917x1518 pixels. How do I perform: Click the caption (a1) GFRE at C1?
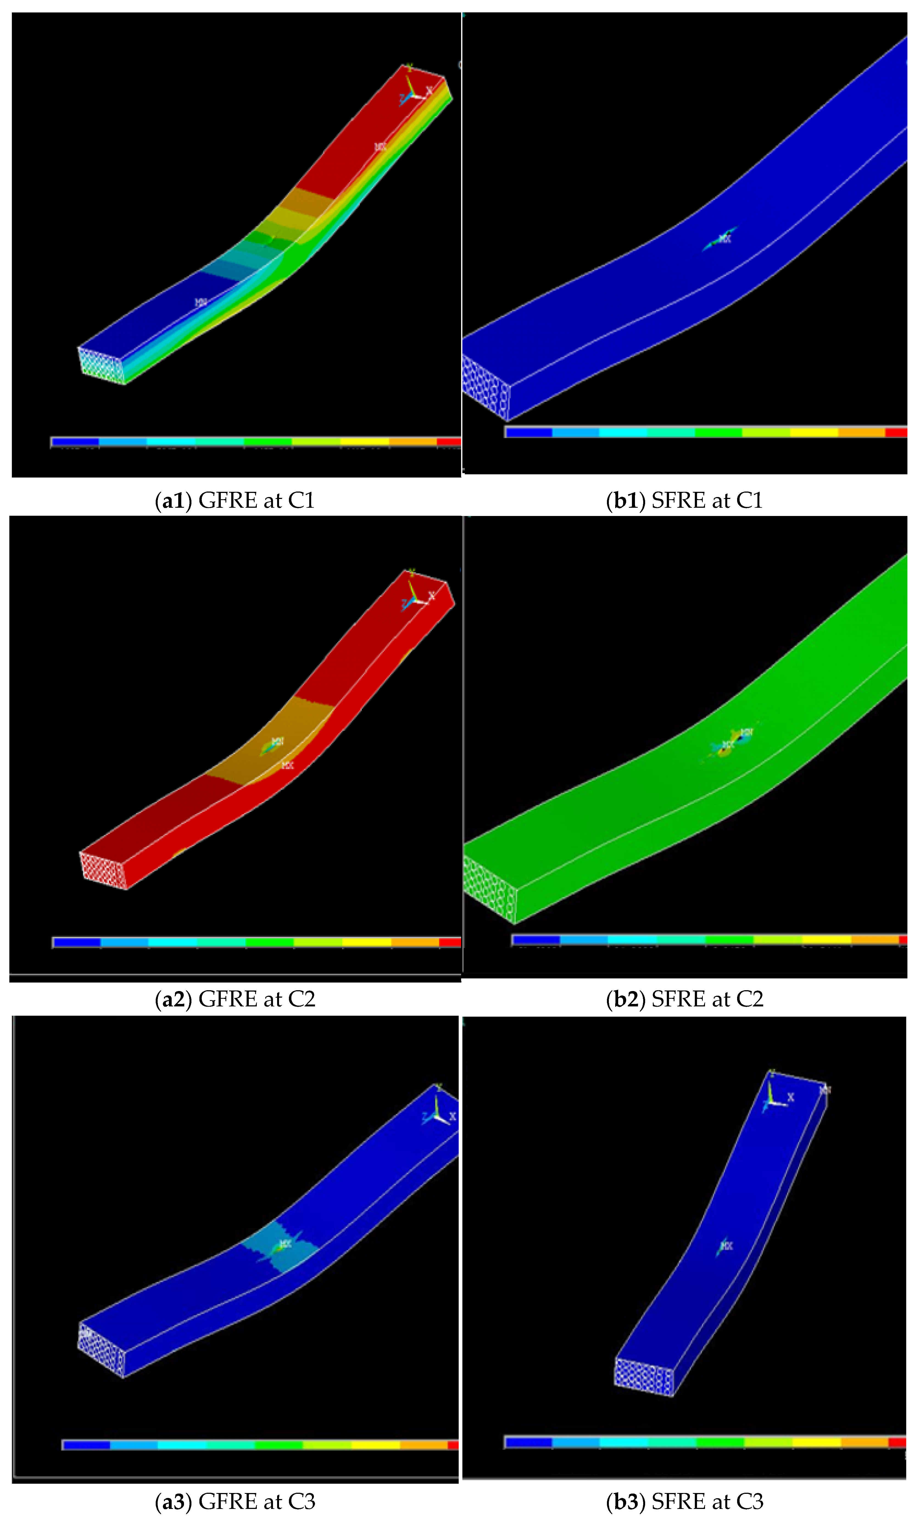235,500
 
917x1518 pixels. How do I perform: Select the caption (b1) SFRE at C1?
684,500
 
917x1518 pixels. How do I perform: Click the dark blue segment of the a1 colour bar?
75,442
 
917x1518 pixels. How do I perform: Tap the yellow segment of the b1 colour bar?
813,432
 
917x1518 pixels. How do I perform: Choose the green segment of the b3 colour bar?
720,1442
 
